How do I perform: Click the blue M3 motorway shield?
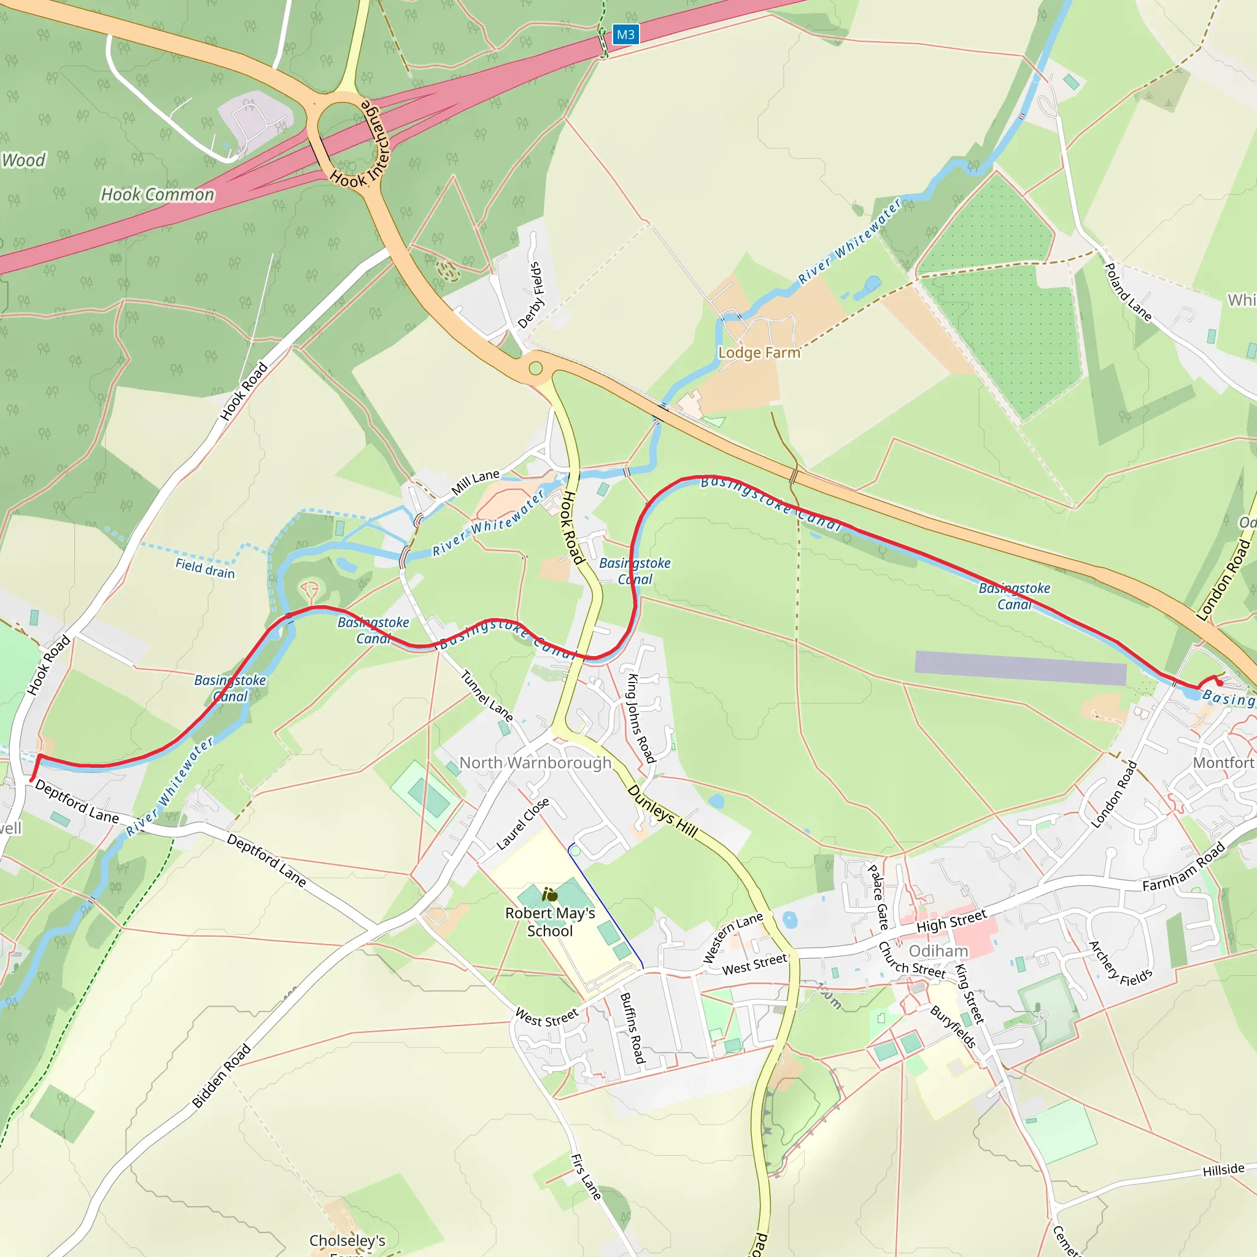(x=625, y=34)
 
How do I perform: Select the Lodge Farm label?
(x=759, y=353)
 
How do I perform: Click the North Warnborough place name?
(x=535, y=762)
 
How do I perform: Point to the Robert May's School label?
(x=550, y=922)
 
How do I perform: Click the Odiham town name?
(x=938, y=951)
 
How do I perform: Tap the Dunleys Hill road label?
(x=662, y=811)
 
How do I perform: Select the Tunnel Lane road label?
(x=487, y=695)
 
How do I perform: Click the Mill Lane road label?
(x=476, y=482)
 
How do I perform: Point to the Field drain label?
(x=205, y=568)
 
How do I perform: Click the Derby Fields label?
(x=532, y=295)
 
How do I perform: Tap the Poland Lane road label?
(x=1128, y=292)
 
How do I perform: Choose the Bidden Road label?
(x=221, y=1076)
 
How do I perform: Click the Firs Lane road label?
(x=586, y=1177)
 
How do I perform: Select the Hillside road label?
(x=1223, y=1170)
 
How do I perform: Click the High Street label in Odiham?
(x=951, y=921)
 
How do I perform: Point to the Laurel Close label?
(x=522, y=824)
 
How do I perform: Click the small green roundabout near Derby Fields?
(x=535, y=369)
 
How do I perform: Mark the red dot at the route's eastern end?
(x=1220, y=683)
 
